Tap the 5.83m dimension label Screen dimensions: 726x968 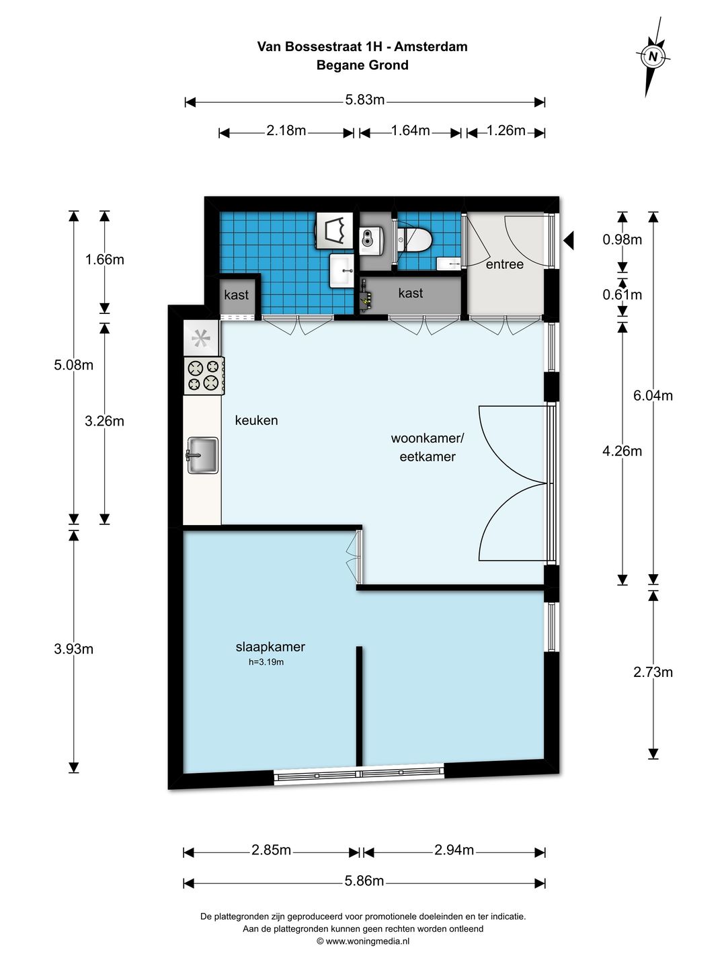(x=364, y=100)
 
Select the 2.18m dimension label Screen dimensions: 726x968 (x=286, y=130)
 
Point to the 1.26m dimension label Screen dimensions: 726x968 (x=506, y=130)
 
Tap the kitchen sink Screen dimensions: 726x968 (x=203, y=456)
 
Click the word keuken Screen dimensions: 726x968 (x=256, y=420)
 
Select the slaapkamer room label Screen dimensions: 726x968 (x=270, y=647)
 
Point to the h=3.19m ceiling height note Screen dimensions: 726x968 (x=266, y=662)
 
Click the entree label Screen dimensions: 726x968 (x=505, y=264)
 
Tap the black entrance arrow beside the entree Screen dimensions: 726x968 (x=569, y=241)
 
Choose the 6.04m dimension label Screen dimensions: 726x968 (x=653, y=395)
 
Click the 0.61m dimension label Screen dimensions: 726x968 (x=622, y=294)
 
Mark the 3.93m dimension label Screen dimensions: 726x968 (x=74, y=649)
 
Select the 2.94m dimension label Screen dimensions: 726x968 (x=454, y=850)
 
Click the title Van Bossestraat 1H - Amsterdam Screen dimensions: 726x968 (x=362, y=46)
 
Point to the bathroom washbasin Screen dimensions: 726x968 (x=341, y=270)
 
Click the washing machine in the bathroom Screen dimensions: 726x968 (x=334, y=231)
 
